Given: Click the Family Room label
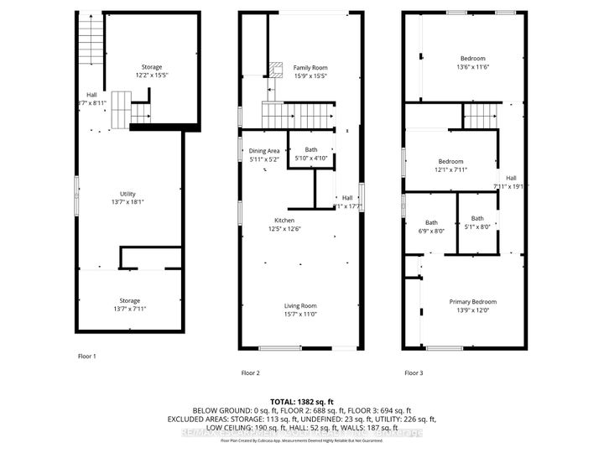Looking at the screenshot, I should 305,67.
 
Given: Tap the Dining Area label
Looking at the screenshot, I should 264,150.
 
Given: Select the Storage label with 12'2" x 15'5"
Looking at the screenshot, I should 151,67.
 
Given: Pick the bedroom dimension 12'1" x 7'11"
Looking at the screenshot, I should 450,169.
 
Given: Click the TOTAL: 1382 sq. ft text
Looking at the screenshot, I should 301,402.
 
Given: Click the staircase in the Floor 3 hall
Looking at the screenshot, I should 476,115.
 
